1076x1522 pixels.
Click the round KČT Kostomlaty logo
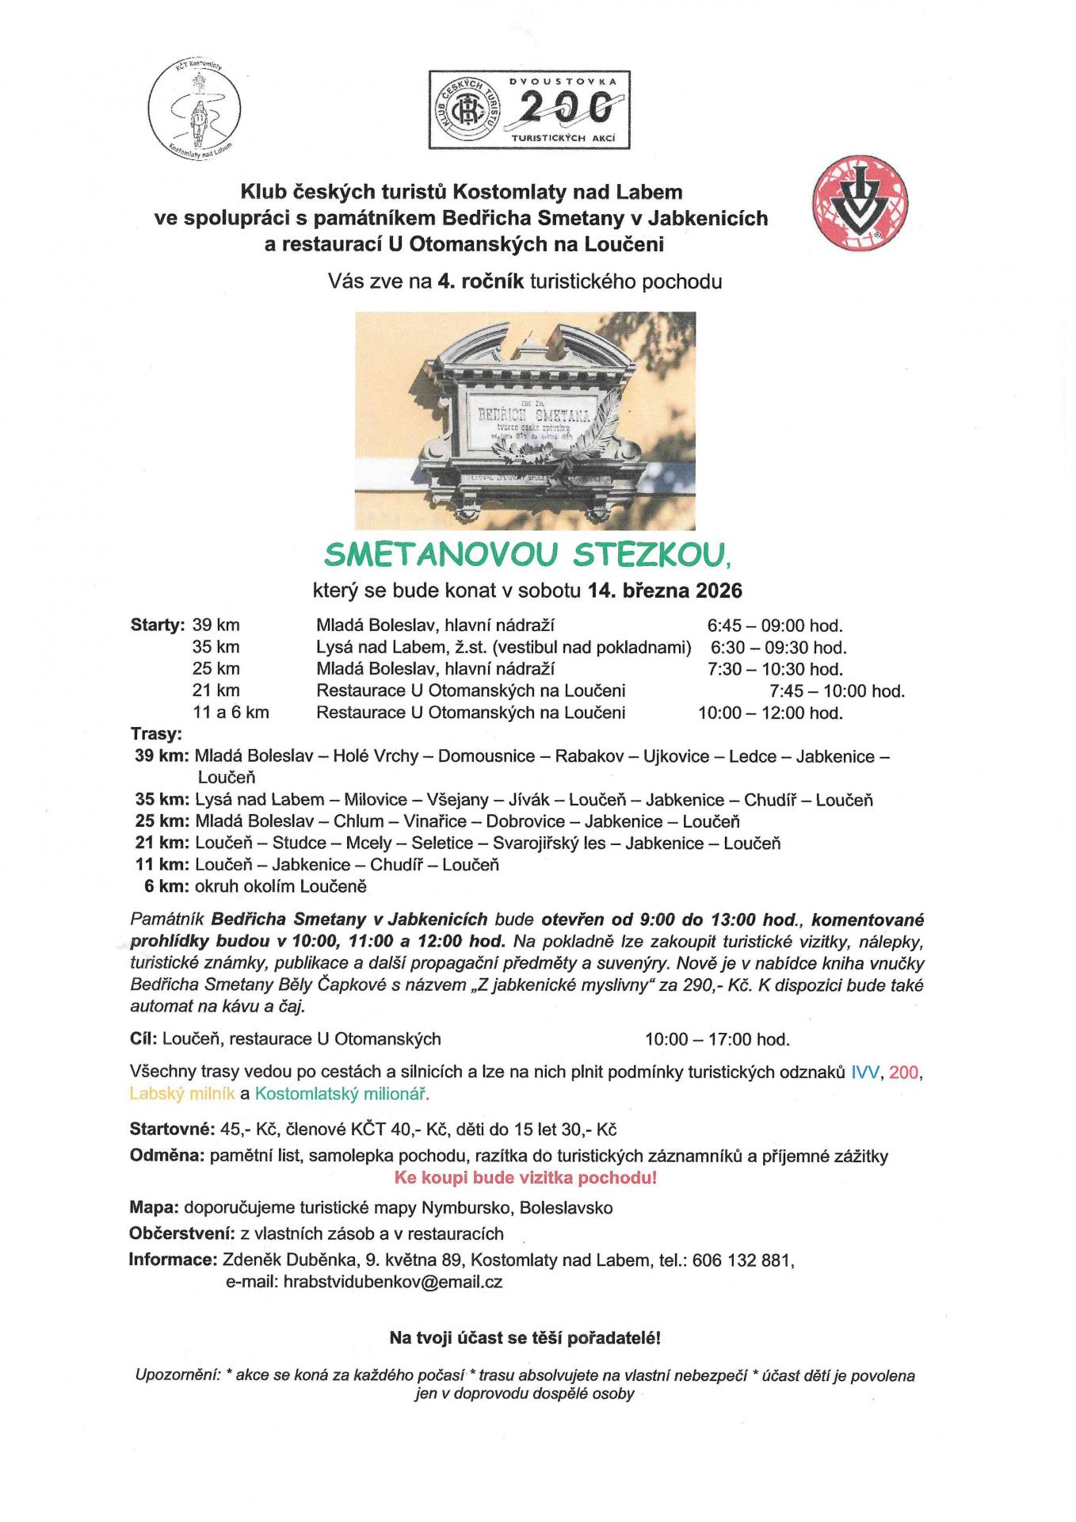(194, 109)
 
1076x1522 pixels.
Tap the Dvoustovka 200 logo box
(530, 109)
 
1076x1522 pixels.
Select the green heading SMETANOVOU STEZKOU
(528, 555)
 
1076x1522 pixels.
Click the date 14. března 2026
(665, 591)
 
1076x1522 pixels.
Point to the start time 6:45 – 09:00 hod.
(774, 625)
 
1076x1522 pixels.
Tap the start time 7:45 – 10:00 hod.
(836, 691)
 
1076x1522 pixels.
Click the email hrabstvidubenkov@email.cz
(392, 1282)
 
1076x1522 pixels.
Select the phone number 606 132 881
(742, 1260)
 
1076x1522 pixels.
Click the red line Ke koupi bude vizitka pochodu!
(525, 1178)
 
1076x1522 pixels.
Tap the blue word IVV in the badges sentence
(865, 1073)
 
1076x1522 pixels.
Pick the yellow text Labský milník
(182, 1094)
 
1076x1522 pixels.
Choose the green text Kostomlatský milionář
(341, 1094)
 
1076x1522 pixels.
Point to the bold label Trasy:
(157, 734)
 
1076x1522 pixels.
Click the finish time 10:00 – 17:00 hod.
(717, 1039)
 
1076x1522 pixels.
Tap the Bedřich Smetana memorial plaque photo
(525, 420)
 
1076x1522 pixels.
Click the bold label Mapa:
(154, 1208)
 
